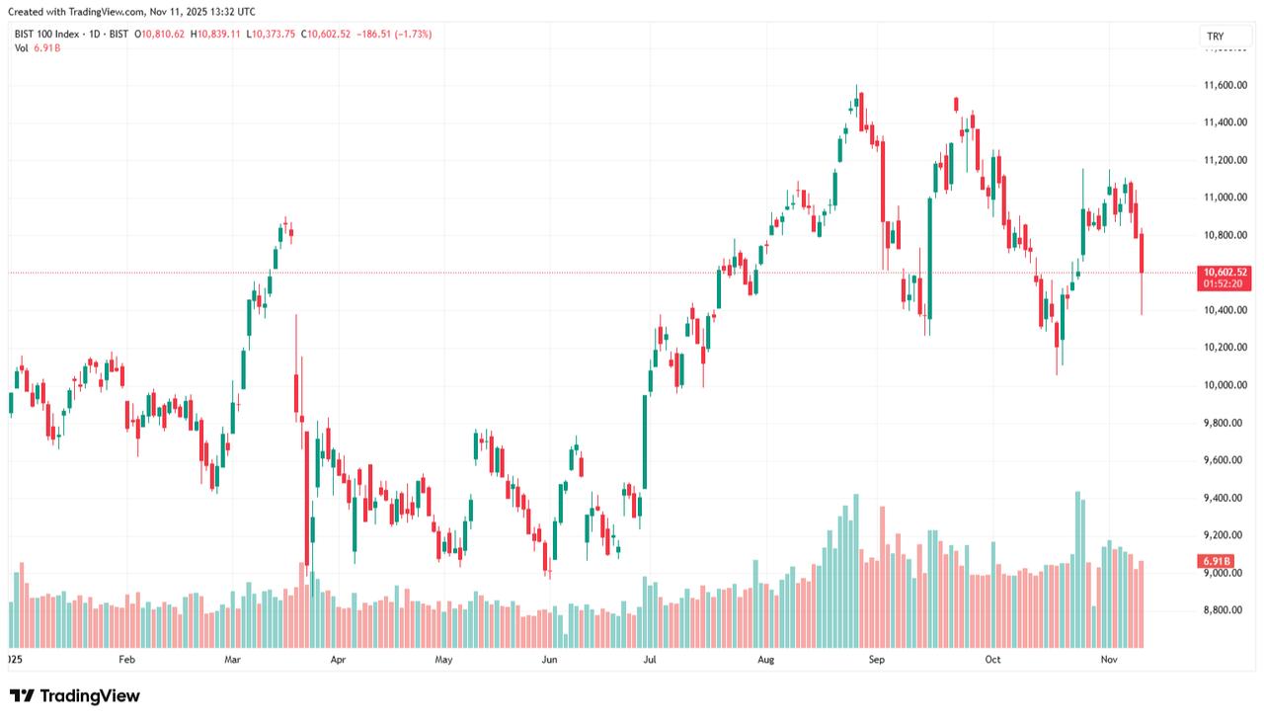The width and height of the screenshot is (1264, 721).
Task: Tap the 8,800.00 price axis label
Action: click(x=1225, y=610)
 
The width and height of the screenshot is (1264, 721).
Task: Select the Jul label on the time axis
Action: click(x=650, y=658)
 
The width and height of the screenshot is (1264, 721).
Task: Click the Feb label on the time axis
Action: click(x=125, y=658)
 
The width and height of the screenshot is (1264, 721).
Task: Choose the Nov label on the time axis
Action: click(x=1109, y=658)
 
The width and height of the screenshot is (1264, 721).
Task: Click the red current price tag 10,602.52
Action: click(x=1224, y=272)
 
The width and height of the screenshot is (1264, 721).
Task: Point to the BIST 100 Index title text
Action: click(x=46, y=34)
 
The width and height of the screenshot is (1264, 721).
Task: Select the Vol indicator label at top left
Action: click(x=21, y=47)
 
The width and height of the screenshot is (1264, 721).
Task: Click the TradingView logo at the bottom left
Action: click(x=75, y=696)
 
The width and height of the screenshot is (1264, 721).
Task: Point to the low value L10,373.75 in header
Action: click(x=275, y=34)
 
